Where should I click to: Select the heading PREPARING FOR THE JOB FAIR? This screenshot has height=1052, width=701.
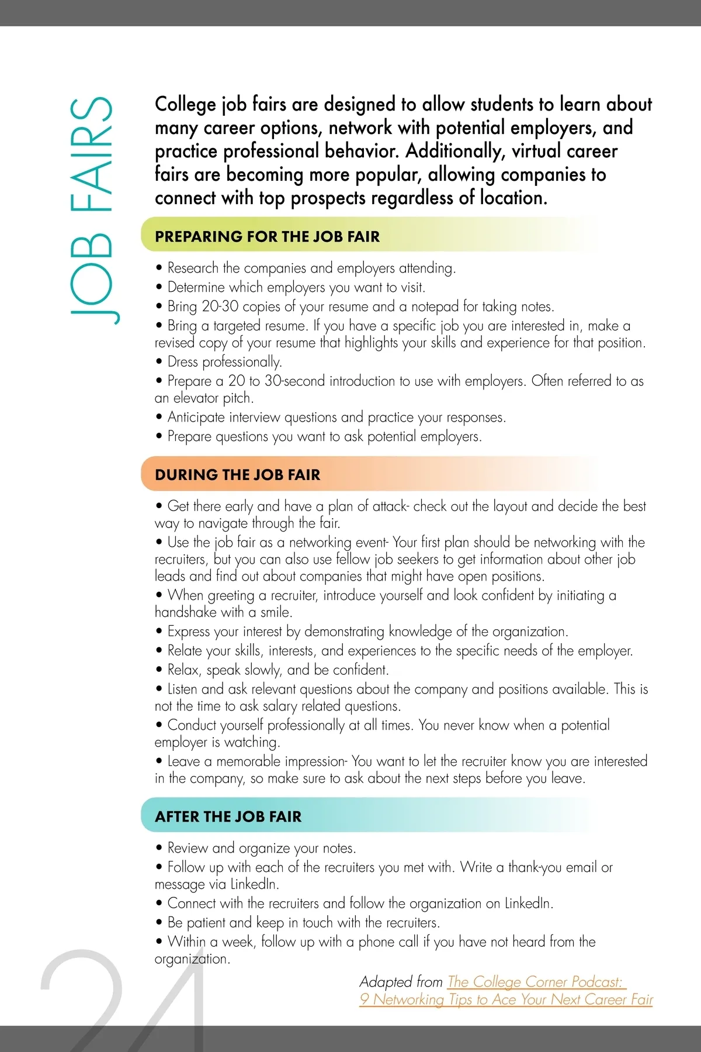(267, 236)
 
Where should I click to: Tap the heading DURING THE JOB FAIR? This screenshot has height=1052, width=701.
(237, 474)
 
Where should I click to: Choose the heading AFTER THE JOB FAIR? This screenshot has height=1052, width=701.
(228, 816)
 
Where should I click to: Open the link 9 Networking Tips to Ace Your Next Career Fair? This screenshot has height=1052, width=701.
(506, 999)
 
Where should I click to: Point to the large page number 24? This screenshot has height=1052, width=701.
(123, 1000)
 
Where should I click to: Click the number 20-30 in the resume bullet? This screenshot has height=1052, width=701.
(220, 306)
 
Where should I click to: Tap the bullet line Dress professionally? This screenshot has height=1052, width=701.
(224, 362)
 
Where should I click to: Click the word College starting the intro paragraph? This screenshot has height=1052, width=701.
(185, 104)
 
